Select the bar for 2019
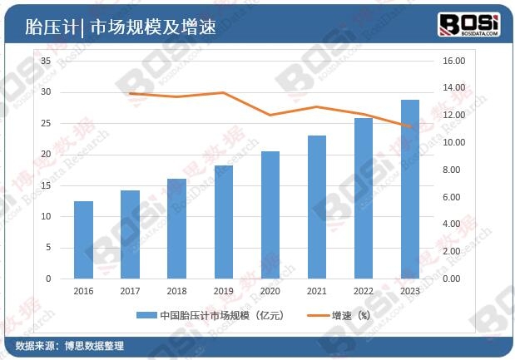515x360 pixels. point(223,222)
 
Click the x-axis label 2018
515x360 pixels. point(176,291)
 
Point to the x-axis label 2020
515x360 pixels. point(270,291)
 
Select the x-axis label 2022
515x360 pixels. point(364,291)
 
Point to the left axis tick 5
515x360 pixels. point(48,248)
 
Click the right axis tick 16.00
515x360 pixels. point(453,62)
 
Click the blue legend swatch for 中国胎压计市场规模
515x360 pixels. point(145,316)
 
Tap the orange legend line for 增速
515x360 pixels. point(317,316)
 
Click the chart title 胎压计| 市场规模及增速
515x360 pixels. point(121,27)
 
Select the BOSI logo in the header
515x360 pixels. point(468,25)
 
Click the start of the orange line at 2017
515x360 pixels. point(130,94)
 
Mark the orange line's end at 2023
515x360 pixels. point(410,127)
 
